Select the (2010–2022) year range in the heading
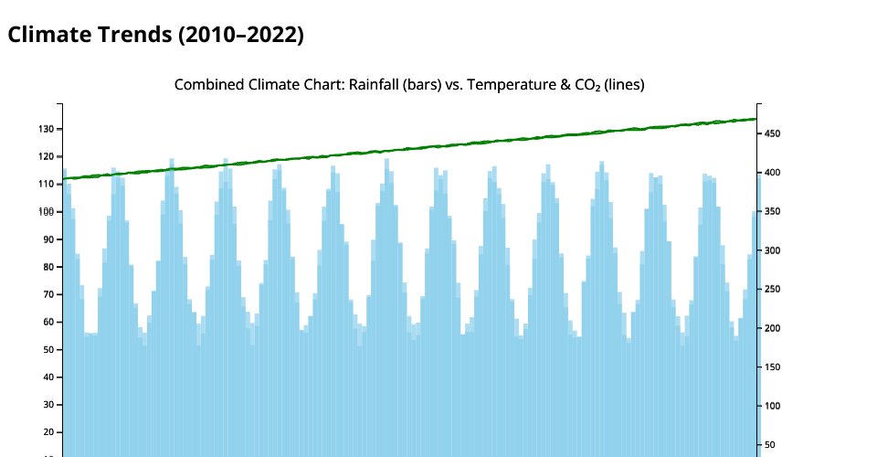[240, 35]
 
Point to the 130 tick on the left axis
[47, 129]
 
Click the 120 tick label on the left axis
[47, 156]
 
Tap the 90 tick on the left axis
[49, 239]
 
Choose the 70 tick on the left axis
[49, 294]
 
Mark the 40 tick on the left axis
[49, 377]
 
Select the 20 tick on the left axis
[49, 432]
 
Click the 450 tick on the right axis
[772, 134]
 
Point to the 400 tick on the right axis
[772, 173]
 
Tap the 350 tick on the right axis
[772, 212]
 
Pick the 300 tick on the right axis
[772, 250]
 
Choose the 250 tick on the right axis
[772, 290]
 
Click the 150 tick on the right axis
[772, 367]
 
